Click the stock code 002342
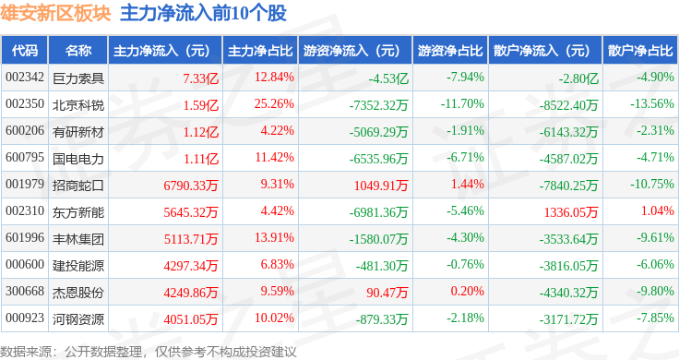25,78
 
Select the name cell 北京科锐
78,105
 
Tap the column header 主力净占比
260,51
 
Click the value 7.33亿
200,78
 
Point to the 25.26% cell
274,104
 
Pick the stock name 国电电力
78,159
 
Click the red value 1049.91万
381,186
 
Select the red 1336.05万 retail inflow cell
571,212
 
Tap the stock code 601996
25,238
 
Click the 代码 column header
25,51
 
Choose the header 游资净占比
450,51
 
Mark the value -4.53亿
388,78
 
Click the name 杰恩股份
78,293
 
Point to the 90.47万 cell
387,293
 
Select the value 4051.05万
191,319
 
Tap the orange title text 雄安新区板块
55,13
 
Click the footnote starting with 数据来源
149,352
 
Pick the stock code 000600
25,264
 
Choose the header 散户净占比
640,51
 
